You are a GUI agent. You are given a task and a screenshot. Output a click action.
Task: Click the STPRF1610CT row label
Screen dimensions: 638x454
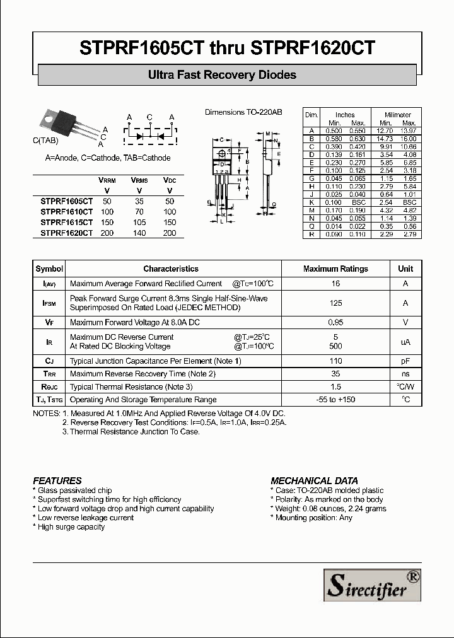click(x=67, y=212)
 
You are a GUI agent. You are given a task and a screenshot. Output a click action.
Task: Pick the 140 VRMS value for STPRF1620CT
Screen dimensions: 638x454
click(x=139, y=233)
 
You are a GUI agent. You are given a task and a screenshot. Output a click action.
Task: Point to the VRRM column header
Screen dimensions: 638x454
click(x=107, y=180)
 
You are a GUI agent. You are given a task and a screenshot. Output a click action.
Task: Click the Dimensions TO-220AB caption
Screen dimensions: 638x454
click(x=243, y=112)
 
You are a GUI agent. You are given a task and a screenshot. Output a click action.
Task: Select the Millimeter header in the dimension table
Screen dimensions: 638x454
click(x=398, y=115)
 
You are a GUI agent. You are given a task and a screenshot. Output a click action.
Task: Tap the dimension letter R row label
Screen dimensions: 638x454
click(x=311, y=234)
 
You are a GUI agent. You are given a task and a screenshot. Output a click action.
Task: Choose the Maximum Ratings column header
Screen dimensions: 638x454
click(x=335, y=269)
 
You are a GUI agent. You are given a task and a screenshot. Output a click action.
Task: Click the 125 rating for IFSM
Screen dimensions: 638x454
click(x=335, y=303)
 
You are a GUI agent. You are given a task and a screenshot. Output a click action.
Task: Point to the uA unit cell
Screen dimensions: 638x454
click(x=405, y=342)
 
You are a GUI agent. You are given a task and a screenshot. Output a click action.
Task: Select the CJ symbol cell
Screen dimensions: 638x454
click(x=49, y=361)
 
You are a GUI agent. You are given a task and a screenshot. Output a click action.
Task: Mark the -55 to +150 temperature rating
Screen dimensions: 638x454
click(x=335, y=400)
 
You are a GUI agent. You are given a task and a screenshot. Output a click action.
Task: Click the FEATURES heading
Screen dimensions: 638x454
click(x=57, y=480)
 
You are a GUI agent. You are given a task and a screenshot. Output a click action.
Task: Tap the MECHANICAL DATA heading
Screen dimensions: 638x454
click(x=314, y=480)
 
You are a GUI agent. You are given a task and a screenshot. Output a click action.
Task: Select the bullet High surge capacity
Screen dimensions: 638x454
click(x=71, y=527)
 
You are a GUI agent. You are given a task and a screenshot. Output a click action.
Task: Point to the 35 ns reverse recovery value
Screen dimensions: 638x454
click(x=335, y=374)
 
